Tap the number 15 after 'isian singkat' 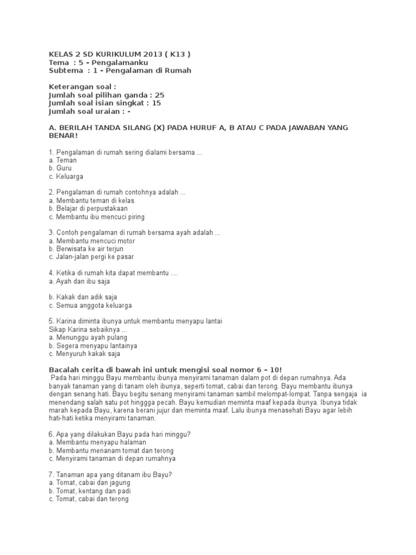coord(157,103)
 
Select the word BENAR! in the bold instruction coord(63,135)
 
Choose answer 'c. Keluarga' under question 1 coord(66,176)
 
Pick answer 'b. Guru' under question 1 coord(60,169)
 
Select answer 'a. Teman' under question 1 coord(62,160)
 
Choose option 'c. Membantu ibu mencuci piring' coord(96,217)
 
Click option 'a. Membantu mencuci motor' coord(92,241)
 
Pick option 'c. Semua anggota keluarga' coord(90,305)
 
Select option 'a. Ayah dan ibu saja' coord(79,281)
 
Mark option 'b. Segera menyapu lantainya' coord(93,345)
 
